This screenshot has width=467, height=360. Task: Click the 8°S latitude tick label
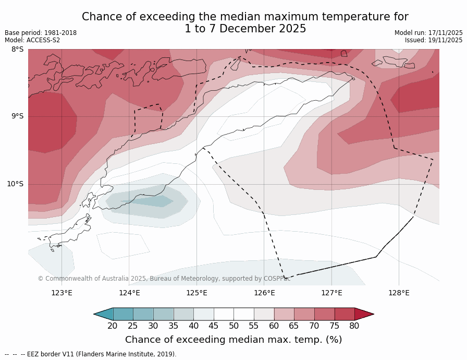[17, 50]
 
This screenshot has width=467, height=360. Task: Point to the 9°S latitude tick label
[17, 116]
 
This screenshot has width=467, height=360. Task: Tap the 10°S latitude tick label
[15, 184]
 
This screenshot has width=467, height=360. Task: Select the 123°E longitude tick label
[62, 293]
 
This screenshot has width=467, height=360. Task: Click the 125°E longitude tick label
[196, 293]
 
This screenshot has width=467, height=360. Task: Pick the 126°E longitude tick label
[264, 293]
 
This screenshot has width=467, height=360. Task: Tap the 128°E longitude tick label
[399, 293]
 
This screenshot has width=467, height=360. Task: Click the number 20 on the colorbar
[113, 326]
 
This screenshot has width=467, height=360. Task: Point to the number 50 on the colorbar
[233, 326]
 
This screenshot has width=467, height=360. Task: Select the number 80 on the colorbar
[354, 326]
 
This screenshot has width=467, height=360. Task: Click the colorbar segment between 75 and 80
[345, 314]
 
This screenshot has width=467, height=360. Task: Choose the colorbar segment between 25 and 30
[143, 314]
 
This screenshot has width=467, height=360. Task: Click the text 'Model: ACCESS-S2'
[32, 40]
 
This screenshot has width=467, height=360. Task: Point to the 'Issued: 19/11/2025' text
[434, 40]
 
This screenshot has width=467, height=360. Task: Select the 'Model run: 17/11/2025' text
[428, 33]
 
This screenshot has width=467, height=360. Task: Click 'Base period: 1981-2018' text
[41, 33]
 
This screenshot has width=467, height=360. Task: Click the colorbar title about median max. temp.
[233, 340]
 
